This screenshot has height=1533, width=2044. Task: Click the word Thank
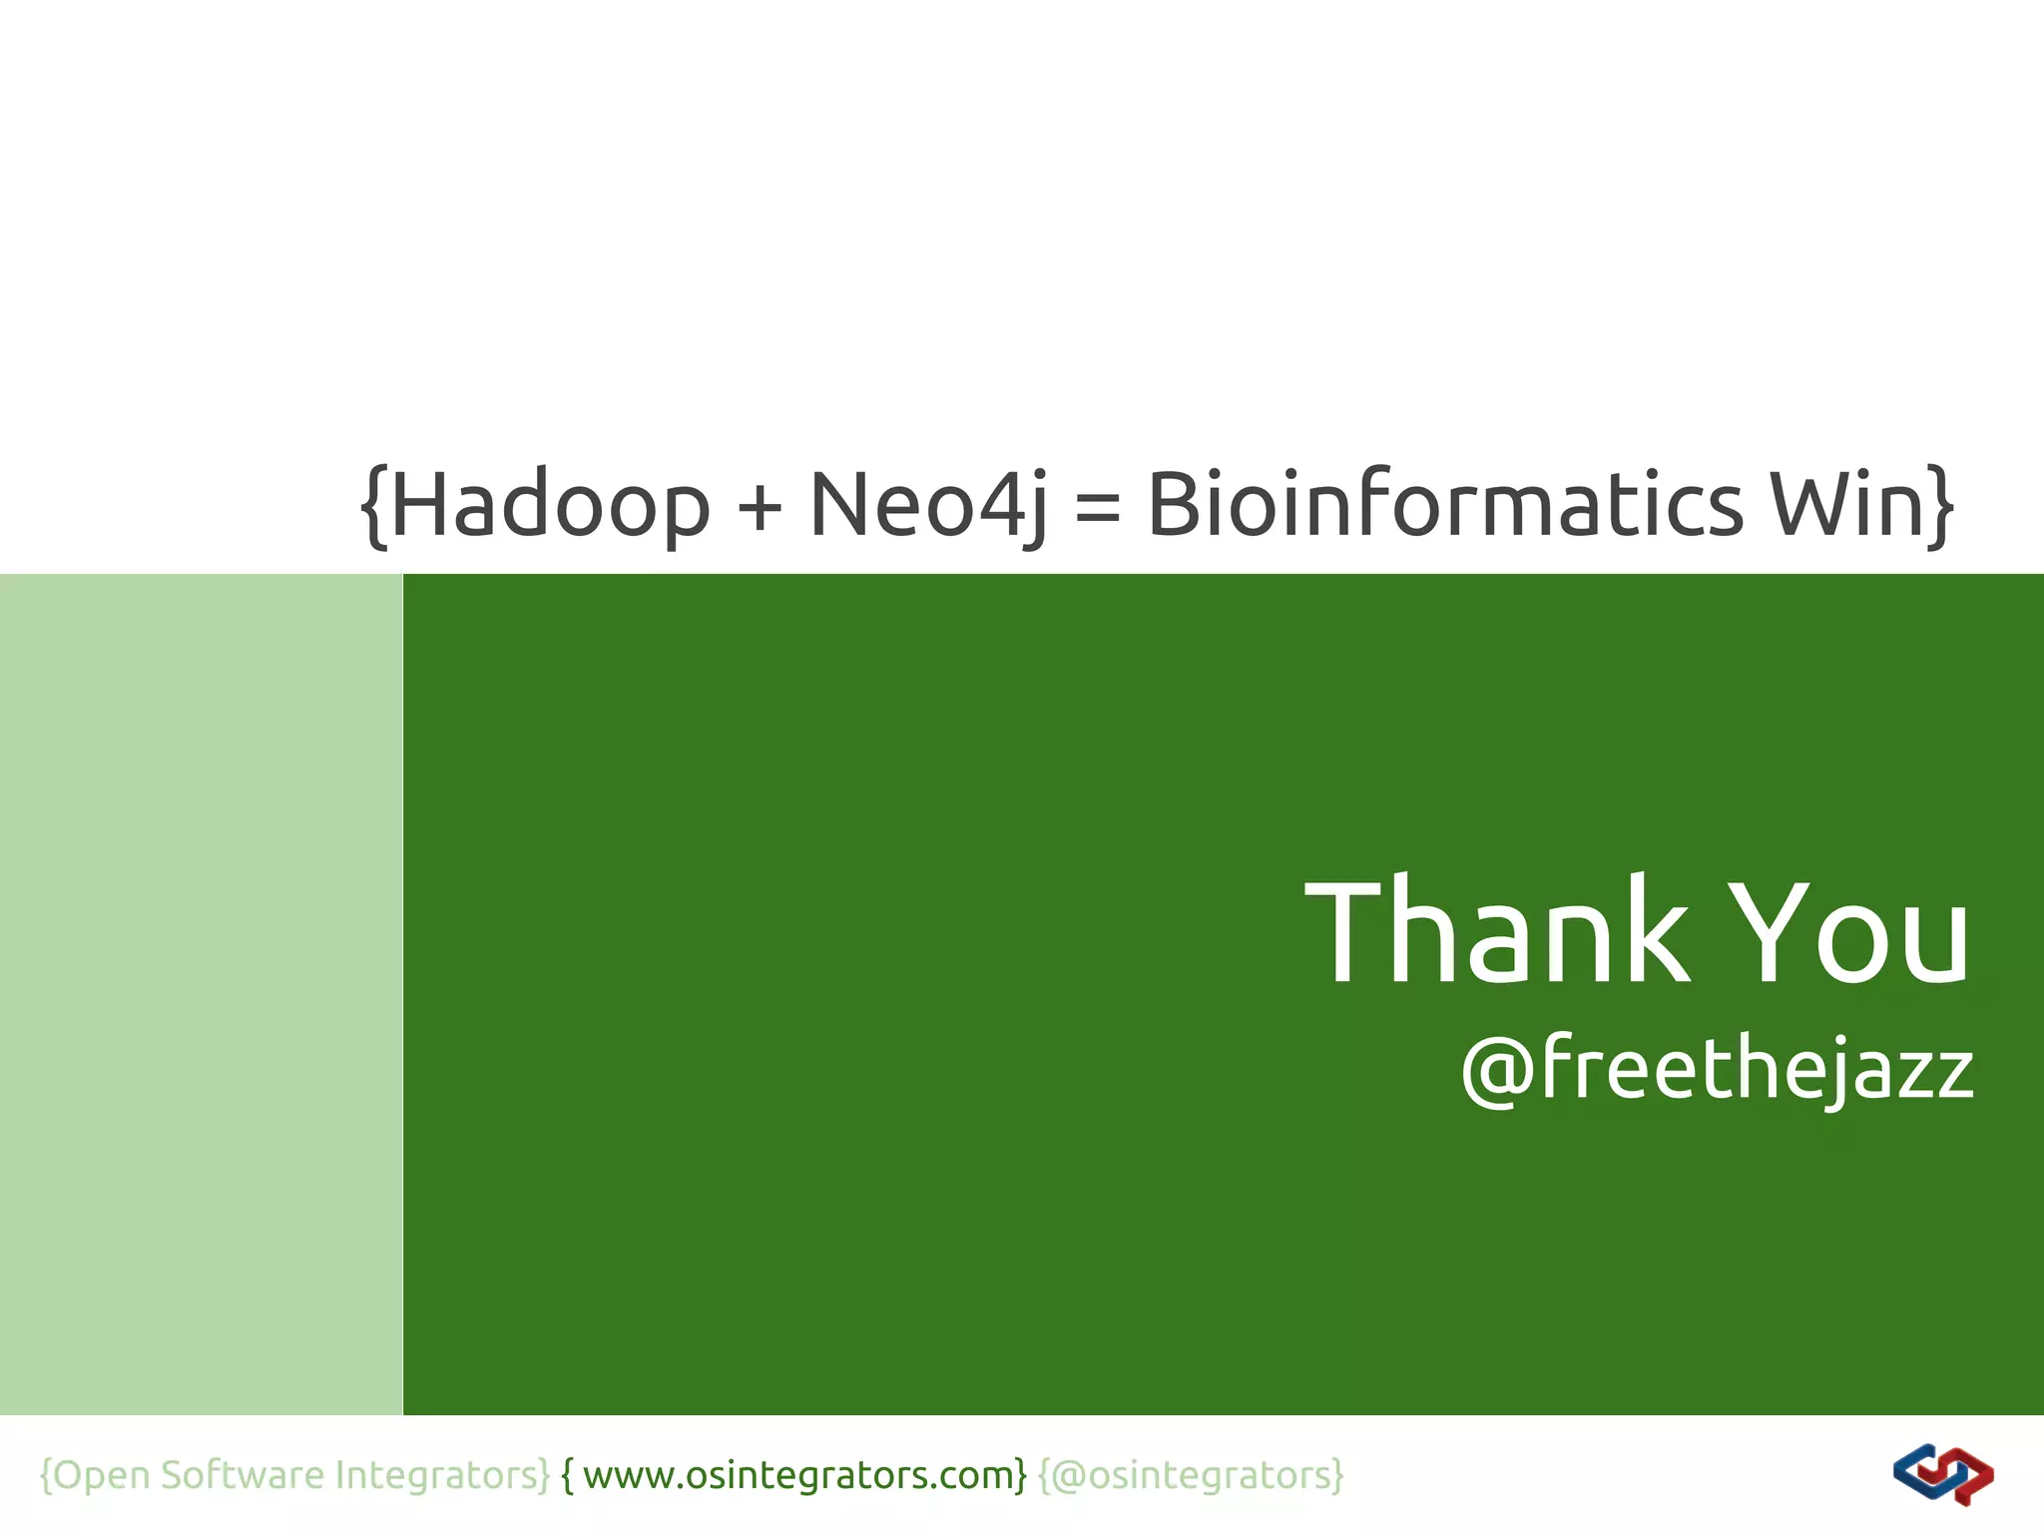pyautogui.click(x=1497, y=933)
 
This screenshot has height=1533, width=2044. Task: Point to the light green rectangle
pyautogui.click(x=200, y=993)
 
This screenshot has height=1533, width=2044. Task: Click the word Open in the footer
pyautogui.click(x=101, y=1475)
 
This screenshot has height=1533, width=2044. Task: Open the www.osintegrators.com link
pyautogui.click(x=798, y=1475)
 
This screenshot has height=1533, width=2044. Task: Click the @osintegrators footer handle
pyautogui.click(x=1192, y=1475)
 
